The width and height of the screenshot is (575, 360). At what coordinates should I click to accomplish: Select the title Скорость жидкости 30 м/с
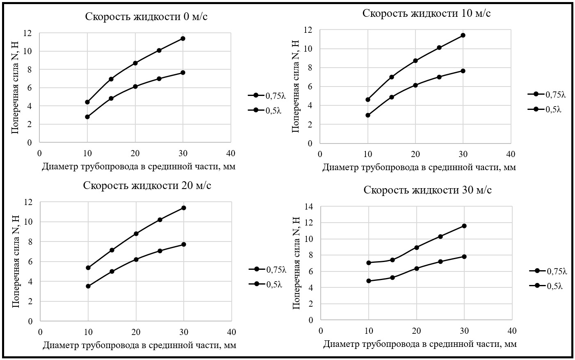[428, 190]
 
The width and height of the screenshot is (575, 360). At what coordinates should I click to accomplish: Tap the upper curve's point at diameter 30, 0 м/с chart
[183, 39]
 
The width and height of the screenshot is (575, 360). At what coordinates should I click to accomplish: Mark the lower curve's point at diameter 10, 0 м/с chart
[87, 117]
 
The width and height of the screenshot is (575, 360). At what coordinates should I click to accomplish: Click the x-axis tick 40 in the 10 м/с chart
[511, 154]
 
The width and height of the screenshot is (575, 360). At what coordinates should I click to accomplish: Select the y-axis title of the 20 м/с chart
[16, 262]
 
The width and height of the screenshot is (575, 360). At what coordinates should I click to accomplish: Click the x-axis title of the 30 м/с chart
[420, 344]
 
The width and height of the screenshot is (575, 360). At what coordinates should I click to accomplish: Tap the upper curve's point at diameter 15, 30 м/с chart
[392, 260]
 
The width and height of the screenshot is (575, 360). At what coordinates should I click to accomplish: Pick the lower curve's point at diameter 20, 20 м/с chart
[136, 260]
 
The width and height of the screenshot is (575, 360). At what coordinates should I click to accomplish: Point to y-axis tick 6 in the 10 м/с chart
[310, 87]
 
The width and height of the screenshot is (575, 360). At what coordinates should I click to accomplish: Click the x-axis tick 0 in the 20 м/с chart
[40, 331]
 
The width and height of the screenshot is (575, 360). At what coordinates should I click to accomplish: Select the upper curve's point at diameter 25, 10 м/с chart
[439, 48]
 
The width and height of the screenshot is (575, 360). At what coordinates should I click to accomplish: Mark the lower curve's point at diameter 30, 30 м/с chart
[464, 257]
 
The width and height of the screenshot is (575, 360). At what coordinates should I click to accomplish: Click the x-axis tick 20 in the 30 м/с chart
[416, 330]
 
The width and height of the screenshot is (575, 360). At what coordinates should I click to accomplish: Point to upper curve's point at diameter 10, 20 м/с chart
[88, 268]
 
